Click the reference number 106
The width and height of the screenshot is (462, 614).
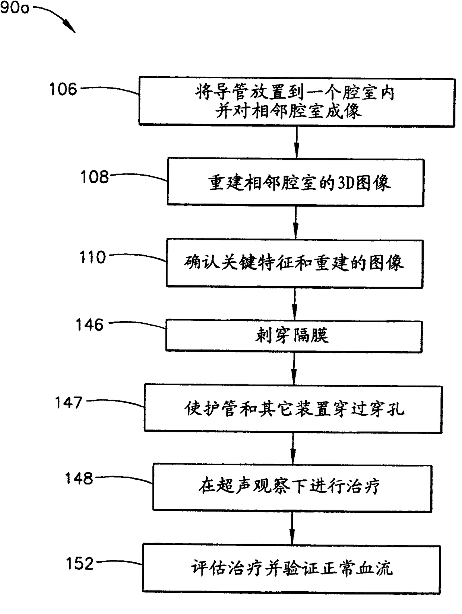[63, 89]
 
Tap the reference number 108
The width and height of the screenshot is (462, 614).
[95, 177]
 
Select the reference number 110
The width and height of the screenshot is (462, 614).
[93, 258]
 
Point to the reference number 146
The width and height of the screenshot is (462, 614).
[89, 325]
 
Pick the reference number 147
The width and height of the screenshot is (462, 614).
[69, 403]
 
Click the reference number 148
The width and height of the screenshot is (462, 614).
[79, 479]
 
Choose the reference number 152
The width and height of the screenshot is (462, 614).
[80, 564]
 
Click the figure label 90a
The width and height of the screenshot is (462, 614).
[14, 7]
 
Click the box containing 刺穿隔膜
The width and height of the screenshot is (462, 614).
[294, 336]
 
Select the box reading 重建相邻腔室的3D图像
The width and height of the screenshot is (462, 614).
[295, 182]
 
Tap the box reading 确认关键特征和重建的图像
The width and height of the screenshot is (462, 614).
[294, 263]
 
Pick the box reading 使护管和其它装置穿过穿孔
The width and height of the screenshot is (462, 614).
[293, 409]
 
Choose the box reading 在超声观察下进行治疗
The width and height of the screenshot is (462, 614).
[292, 487]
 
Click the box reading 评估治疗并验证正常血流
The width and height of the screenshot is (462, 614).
[291, 568]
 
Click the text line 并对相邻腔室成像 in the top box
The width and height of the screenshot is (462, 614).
[289, 111]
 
